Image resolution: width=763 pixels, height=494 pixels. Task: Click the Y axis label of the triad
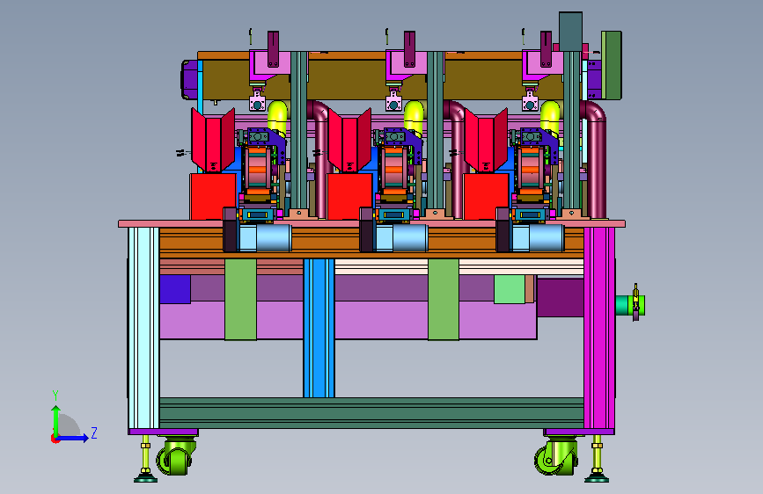pyautogui.click(x=55, y=396)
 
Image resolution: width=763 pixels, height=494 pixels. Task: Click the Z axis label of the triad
pyautogui.click(x=94, y=432)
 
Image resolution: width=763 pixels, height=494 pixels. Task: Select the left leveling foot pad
pyautogui.click(x=145, y=478)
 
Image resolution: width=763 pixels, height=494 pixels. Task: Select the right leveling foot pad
pyautogui.click(x=597, y=478)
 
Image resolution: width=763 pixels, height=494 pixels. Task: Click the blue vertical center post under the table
pyautogui.click(x=319, y=328)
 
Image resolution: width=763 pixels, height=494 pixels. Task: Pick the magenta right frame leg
pyautogui.click(x=599, y=328)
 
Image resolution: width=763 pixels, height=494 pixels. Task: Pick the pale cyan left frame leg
pyautogui.click(x=143, y=328)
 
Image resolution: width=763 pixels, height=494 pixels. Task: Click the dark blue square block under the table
pyautogui.click(x=175, y=289)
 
